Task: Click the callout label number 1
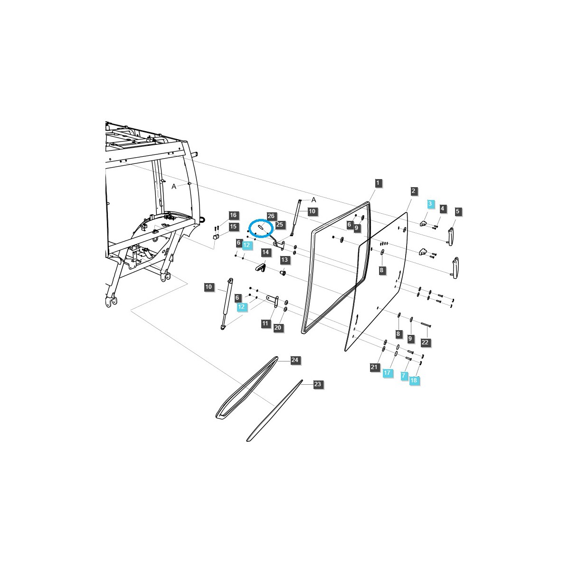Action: [x=378, y=183]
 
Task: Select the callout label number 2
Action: [x=413, y=191]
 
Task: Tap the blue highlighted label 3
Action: [x=430, y=204]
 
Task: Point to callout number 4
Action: [x=442, y=209]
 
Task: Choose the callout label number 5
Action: [x=458, y=211]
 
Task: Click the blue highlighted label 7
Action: [x=403, y=376]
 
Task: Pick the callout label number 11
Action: [x=265, y=323]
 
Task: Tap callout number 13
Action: [x=285, y=260]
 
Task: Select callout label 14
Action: [x=265, y=252]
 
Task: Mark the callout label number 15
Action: [x=233, y=227]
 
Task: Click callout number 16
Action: [x=233, y=215]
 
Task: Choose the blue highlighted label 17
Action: [x=387, y=373]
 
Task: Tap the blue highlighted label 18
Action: [x=413, y=380]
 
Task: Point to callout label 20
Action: [x=278, y=328]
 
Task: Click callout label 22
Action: [x=425, y=342]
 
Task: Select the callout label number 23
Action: [x=318, y=384]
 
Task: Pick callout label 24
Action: [x=294, y=361]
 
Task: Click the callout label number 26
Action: [x=271, y=216]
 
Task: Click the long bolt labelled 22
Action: [x=425, y=324]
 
